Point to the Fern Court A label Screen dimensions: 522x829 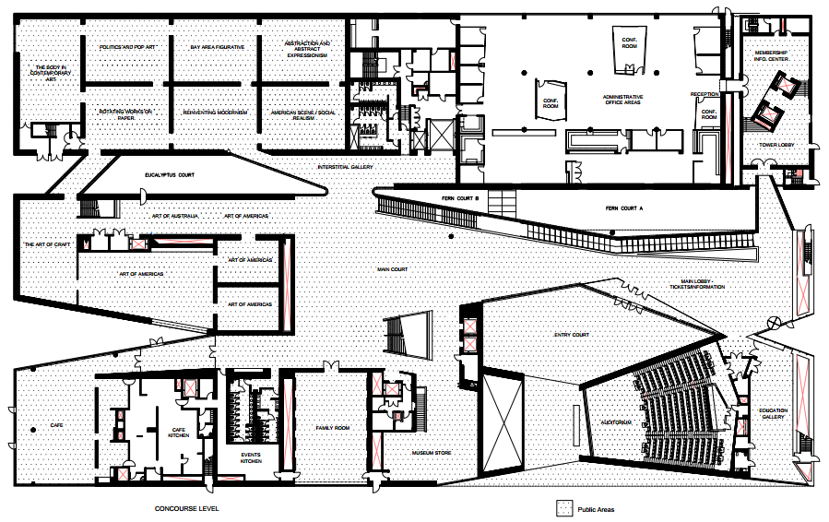(x=623, y=208)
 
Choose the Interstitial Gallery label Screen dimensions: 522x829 (x=345, y=167)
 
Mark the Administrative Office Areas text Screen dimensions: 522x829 (x=623, y=101)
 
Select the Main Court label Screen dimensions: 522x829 (x=392, y=269)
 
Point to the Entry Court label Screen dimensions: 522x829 (x=571, y=335)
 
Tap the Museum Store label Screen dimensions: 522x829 (x=431, y=454)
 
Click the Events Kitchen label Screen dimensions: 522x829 (x=250, y=458)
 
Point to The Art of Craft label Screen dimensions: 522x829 (x=47, y=244)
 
